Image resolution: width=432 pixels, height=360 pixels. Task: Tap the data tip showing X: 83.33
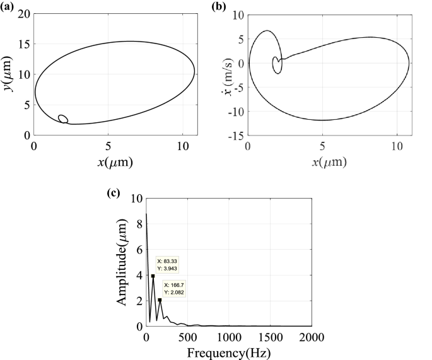pyautogui.click(x=168, y=264)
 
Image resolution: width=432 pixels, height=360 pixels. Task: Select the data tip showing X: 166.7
pyautogui.click(x=175, y=288)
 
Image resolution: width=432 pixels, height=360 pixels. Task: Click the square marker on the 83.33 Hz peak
pyautogui.click(x=153, y=276)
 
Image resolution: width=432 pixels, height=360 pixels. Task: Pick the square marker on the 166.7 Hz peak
pyautogui.click(x=160, y=300)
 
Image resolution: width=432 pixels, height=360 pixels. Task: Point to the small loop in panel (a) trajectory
pyautogui.click(x=62, y=119)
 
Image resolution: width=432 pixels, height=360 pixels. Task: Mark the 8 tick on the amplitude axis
pyautogui.click(x=138, y=223)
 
